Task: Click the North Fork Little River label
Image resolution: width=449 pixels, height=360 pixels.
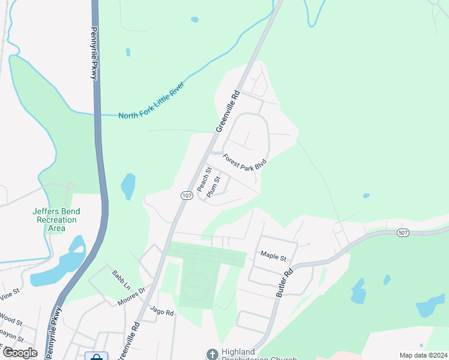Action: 152,102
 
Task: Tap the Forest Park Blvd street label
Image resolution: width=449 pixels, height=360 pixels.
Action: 244,163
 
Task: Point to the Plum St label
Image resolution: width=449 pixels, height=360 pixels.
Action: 214,187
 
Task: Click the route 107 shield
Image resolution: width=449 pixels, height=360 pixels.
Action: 186,196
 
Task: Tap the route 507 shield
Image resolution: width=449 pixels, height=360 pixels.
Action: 402,232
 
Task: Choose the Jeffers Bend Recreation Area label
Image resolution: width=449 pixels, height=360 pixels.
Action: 56,220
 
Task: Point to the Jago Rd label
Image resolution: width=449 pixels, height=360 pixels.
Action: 161,312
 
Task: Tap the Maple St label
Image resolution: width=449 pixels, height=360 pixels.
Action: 273,256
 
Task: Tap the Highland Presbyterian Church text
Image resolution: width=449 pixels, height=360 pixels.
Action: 251,355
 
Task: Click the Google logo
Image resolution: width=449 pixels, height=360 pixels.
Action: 20,352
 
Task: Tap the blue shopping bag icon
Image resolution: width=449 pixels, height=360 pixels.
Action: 96,356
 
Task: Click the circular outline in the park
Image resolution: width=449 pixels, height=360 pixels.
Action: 196,287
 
